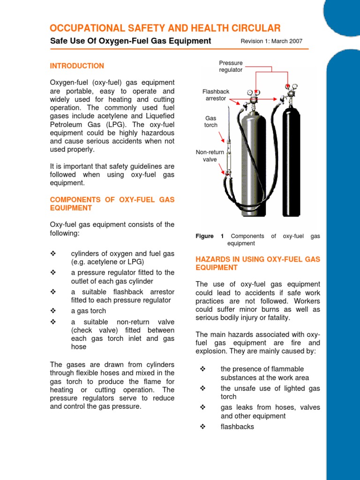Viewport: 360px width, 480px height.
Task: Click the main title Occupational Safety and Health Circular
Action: pyautogui.click(x=165, y=28)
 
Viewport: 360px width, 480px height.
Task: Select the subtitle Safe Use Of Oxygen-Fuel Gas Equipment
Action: pyautogui.click(x=130, y=41)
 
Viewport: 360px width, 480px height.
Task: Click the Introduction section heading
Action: pyautogui.click(x=77, y=66)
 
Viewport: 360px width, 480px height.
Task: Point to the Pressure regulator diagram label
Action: pyautogui.click(x=231, y=66)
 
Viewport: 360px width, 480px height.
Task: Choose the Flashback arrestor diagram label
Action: pyautogui.click(x=216, y=95)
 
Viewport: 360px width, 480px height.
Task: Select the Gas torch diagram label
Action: pyautogui.click(x=210, y=122)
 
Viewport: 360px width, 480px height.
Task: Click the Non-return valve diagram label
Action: pyautogui.click(x=210, y=156)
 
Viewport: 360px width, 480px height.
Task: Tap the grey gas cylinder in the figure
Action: pyautogui.click(x=253, y=159)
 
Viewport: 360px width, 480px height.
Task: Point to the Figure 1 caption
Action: pyautogui.click(x=257, y=240)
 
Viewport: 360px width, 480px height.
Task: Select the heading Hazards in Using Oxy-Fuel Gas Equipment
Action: pyautogui.click(x=257, y=263)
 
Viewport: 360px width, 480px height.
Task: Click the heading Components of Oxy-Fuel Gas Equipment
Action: pyautogui.click(x=112, y=203)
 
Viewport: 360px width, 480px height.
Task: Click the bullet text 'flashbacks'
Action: pyautogui.click(x=237, y=427)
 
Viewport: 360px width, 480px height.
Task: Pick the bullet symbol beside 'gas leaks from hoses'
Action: pyautogui.click(x=203, y=407)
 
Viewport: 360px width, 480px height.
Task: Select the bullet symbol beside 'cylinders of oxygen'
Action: pyautogui.click(x=53, y=254)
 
